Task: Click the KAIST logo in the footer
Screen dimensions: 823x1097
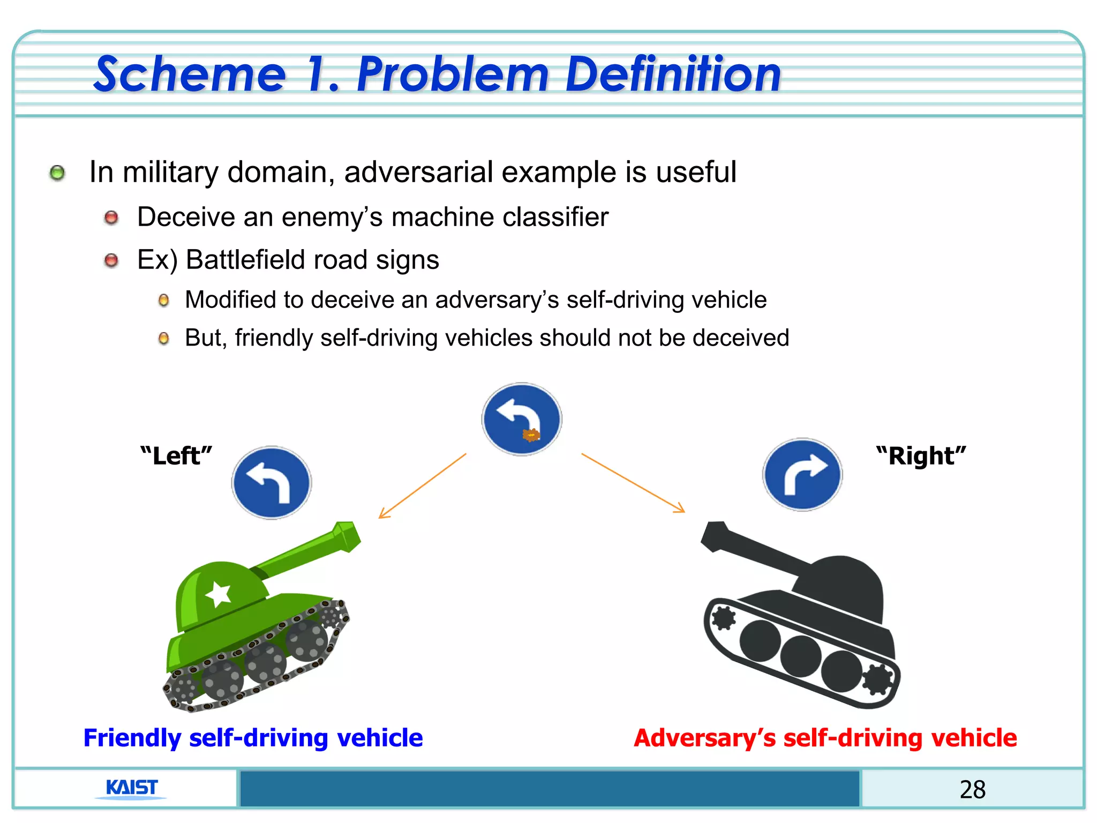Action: click(x=132, y=788)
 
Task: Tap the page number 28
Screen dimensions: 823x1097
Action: click(x=972, y=790)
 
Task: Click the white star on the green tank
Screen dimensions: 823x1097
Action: click(x=218, y=594)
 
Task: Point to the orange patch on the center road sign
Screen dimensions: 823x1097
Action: click(x=531, y=435)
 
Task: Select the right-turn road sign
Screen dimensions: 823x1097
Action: click(x=802, y=475)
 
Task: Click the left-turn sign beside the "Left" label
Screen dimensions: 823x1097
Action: click(x=272, y=483)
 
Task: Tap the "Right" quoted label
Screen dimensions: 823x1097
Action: click(x=921, y=456)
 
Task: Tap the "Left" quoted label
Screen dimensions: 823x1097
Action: click(x=176, y=456)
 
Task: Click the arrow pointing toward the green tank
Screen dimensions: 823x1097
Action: click(x=422, y=486)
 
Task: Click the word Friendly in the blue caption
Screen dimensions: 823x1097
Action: click(x=132, y=738)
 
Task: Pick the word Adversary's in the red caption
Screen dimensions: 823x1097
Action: click(x=705, y=738)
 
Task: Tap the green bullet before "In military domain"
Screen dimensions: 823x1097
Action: click(x=57, y=173)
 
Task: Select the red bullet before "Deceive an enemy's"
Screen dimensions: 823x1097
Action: click(x=111, y=218)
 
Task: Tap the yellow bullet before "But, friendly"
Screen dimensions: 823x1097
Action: click(x=164, y=339)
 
